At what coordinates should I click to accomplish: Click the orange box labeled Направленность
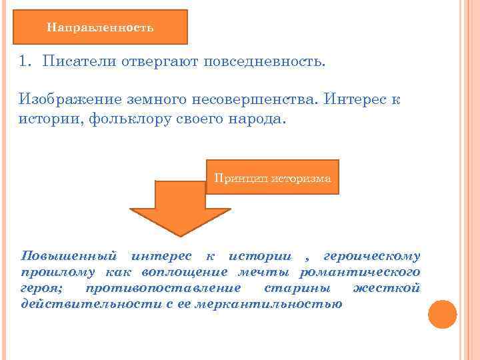coord(100,27)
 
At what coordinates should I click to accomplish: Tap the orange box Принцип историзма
coord(272,177)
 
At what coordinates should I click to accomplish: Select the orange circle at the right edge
coord(442,314)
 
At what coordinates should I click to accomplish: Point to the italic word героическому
coord(372,256)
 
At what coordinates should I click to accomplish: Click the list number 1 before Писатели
coord(25,63)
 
